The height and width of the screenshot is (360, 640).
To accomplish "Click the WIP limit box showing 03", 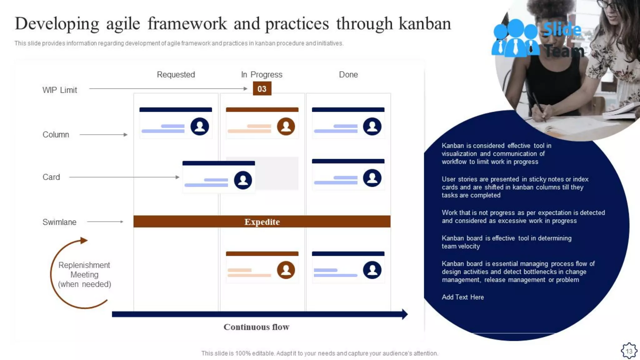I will pos(262,89).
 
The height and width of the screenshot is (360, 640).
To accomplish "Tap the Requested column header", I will pos(176,75).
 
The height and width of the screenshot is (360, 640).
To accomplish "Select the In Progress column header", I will pos(262,75).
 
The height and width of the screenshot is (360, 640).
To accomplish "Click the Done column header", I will pos(348,75).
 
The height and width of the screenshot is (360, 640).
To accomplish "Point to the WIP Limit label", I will pos(59,90).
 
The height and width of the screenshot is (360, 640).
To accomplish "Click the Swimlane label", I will pos(59,222).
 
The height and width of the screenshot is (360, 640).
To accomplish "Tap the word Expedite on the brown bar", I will pos(262,222).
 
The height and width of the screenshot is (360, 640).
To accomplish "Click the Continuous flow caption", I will pos(256,327).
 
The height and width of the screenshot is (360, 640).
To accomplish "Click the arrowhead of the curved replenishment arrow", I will pos(83,240).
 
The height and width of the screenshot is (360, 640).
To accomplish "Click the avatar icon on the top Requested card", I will pos(200,127).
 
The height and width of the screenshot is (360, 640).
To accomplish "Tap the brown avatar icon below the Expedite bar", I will pos(286,270).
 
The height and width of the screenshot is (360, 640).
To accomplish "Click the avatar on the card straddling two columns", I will pos(243,180).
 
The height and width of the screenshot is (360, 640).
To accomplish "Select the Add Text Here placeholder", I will pos(462,297).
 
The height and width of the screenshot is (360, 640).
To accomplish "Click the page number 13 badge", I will pos(629,351).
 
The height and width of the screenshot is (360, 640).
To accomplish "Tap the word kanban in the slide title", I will pos(425,24).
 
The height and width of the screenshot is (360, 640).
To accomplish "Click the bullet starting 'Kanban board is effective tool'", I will pos(506,242).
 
